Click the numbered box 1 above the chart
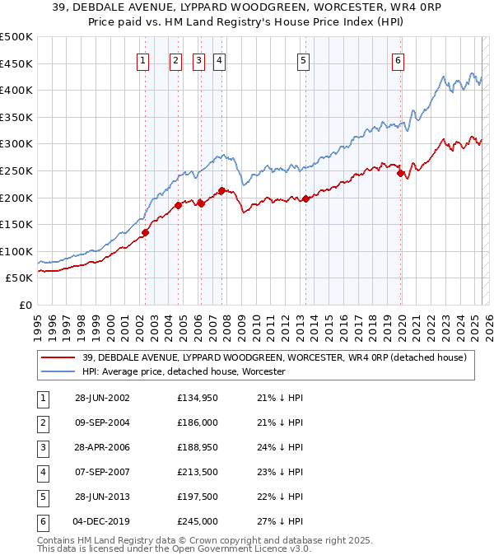click(143, 59)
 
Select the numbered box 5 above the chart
click(304, 59)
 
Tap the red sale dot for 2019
click(400, 173)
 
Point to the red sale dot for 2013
click(305, 198)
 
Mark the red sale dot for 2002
click(145, 232)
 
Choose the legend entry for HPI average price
click(183, 371)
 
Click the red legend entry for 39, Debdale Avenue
click(274, 357)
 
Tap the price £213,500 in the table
click(198, 472)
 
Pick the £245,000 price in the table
click(198, 521)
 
